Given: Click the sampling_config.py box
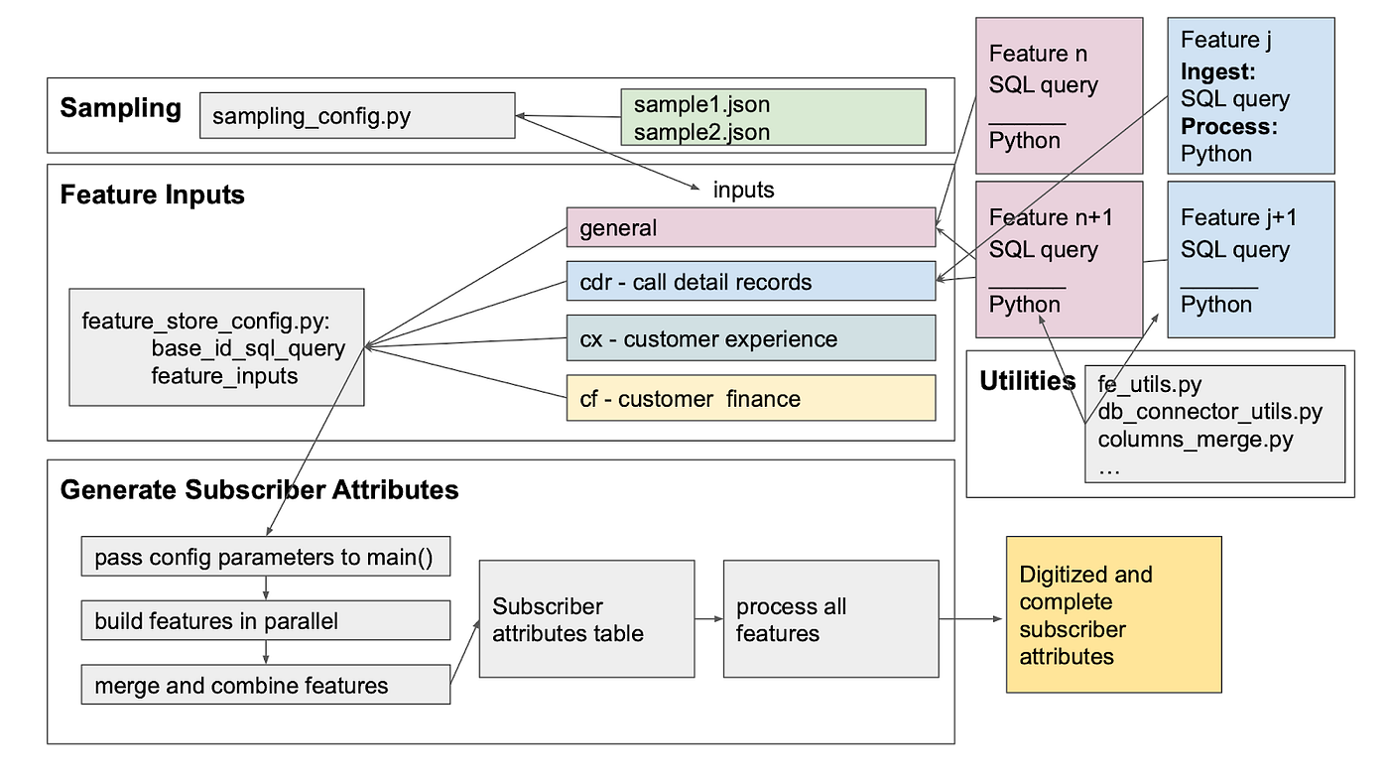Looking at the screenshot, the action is (357, 115).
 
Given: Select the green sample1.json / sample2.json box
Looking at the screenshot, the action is (773, 117).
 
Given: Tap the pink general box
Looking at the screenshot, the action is (751, 227).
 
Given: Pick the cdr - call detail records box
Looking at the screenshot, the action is (751, 281).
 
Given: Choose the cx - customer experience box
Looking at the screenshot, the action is (751, 338).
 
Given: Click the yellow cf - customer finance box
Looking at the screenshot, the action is (751, 398).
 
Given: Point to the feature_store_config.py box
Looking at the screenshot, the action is (216, 347).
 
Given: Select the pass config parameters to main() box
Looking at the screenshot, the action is (266, 557).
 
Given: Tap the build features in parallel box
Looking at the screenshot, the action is (266, 620).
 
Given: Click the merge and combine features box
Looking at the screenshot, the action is (266, 685).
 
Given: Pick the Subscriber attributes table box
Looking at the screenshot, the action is (586, 619).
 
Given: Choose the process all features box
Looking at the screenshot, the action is (831, 619).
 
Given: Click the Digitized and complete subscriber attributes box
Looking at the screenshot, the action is (1113, 614).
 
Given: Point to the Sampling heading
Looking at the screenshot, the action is (120, 108).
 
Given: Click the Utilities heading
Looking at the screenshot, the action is (1028, 381).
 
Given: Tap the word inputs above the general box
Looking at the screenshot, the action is (743, 190).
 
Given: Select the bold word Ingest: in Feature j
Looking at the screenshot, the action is (1218, 71).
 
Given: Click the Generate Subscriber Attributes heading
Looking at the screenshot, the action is (259, 490).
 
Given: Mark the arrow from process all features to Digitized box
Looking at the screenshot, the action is (971, 619).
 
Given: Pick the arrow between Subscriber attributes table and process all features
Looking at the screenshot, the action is (709, 619).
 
